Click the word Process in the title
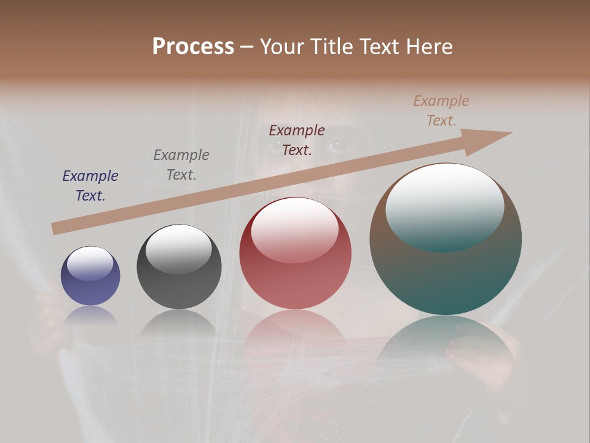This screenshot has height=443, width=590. (x=193, y=47)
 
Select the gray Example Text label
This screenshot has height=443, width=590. (x=181, y=165)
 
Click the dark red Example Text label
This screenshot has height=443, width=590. (x=297, y=140)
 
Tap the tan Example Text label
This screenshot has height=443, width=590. (x=441, y=111)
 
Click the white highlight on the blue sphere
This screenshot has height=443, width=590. (x=90, y=264)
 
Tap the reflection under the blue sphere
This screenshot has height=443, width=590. (x=90, y=315)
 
